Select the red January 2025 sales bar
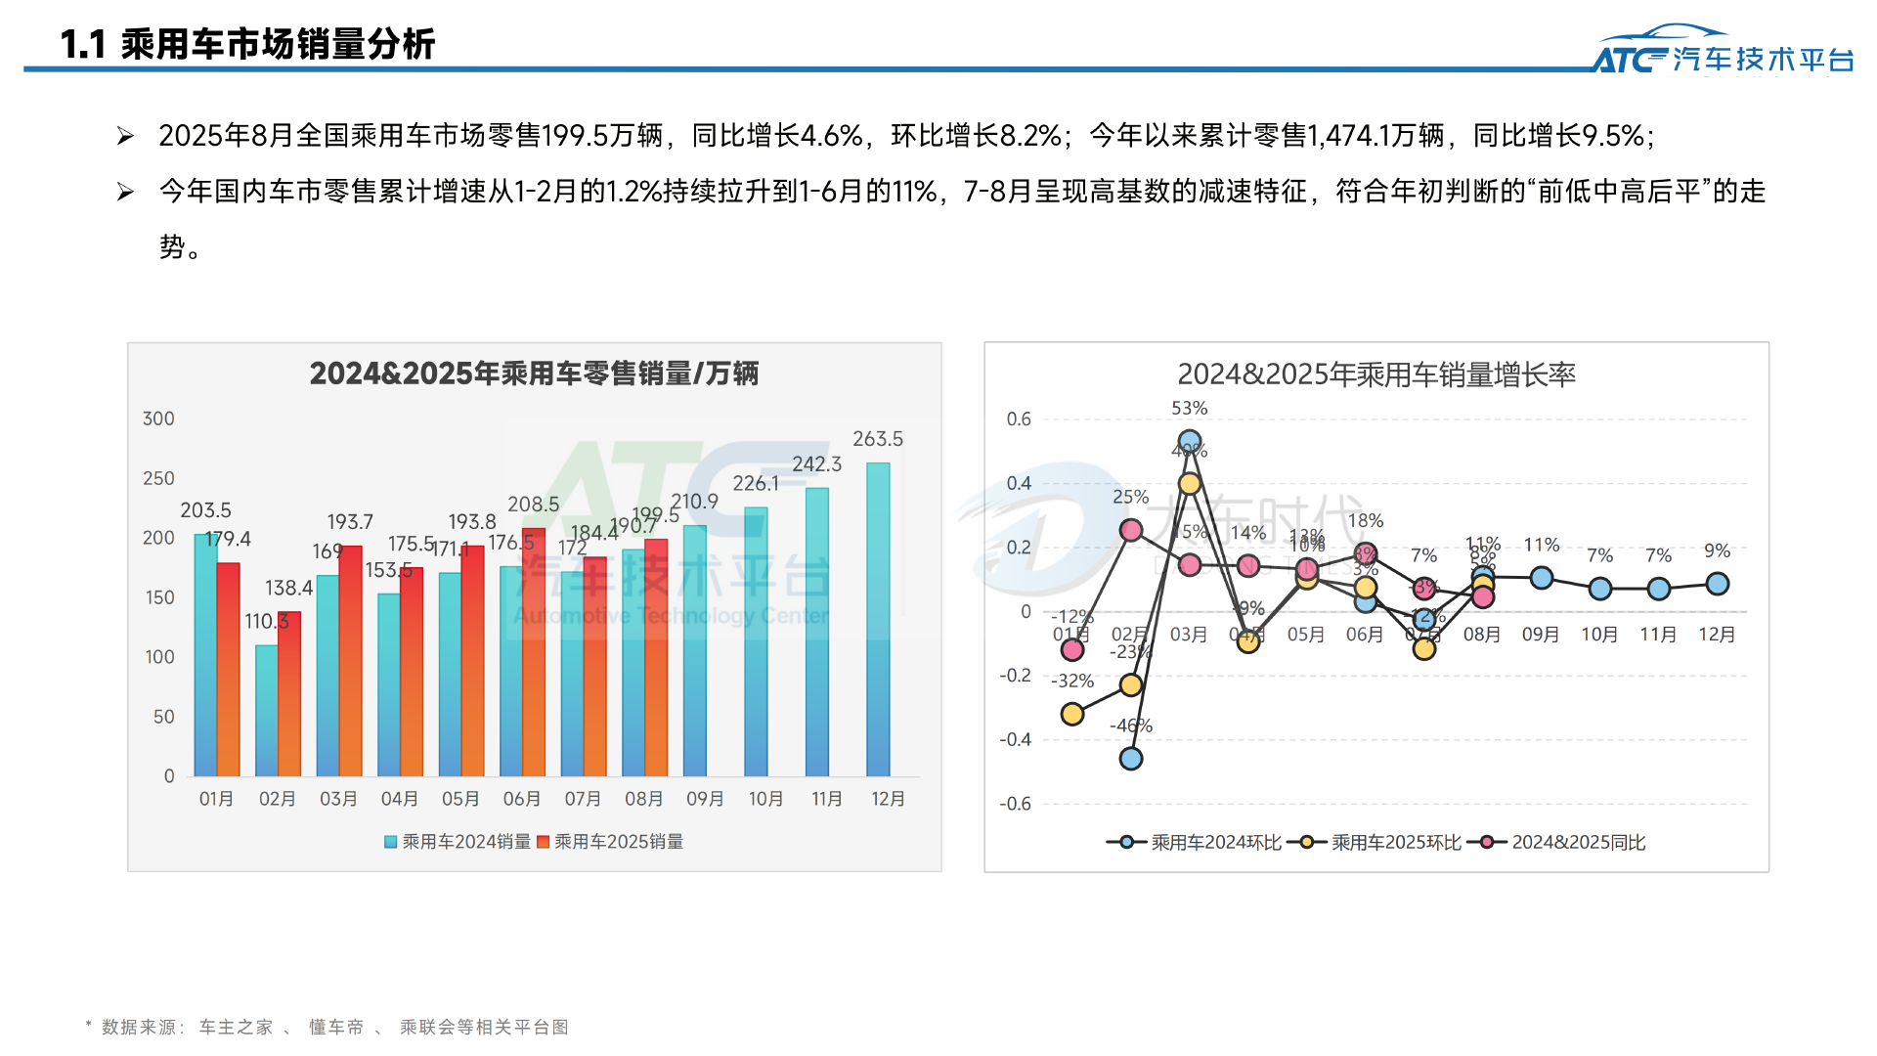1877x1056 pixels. click(228, 669)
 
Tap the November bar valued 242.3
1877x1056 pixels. click(816, 632)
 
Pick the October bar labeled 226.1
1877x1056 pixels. click(756, 641)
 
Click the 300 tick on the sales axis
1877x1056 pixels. click(158, 418)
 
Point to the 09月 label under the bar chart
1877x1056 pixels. click(705, 799)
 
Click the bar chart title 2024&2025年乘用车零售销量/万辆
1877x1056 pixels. click(534, 374)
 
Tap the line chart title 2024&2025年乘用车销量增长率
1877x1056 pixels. click(1375, 374)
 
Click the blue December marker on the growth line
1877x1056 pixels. click(1717, 584)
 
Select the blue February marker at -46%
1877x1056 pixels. click(1131, 759)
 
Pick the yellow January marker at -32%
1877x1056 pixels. click(1072, 714)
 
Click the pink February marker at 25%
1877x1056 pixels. click(1131, 530)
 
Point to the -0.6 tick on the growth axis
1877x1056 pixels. click(1015, 804)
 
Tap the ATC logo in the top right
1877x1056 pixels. click(1724, 51)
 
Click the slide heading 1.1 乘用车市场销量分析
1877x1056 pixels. click(247, 44)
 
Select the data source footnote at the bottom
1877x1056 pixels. click(327, 1027)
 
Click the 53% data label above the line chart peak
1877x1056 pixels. click(1190, 408)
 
